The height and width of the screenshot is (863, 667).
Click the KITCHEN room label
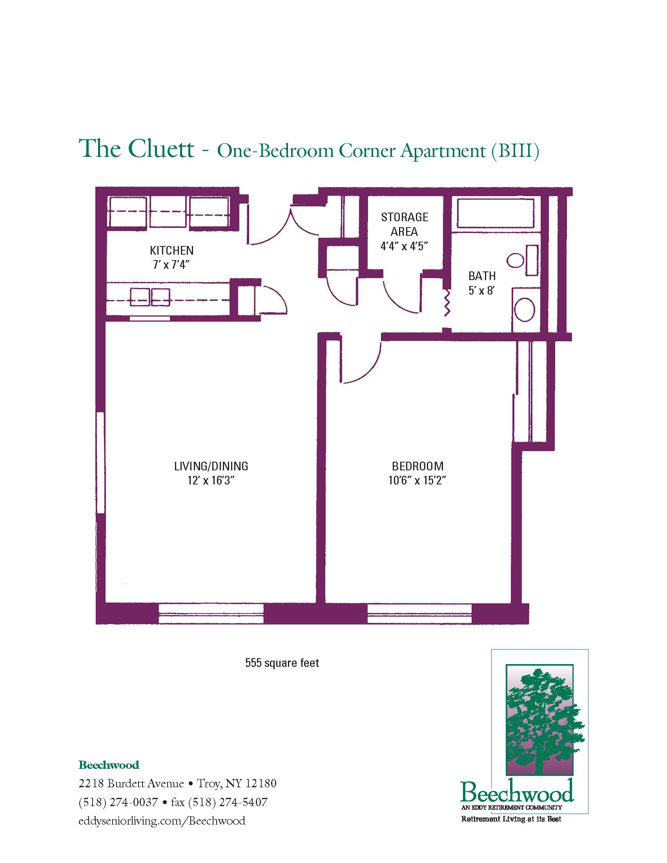pos(171,251)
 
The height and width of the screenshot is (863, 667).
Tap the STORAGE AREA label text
pos(404,224)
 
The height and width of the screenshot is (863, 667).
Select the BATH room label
pos(482,276)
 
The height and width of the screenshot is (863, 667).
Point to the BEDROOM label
pos(417,466)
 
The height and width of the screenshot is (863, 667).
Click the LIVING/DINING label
pos(211,466)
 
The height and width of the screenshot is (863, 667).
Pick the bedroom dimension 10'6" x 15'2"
pos(417,481)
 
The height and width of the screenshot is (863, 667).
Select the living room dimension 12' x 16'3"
pos(211,481)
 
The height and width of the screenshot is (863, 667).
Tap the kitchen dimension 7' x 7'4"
pos(171,265)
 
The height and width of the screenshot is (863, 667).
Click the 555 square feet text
pos(282,663)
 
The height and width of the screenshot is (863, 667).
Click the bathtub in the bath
pos(496,213)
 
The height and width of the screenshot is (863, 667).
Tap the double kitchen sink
pos(150,297)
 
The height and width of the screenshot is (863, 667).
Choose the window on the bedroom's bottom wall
pos(419,614)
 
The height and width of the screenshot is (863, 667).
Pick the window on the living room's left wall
pos(100,463)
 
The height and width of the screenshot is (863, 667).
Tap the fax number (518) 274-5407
pos(228,802)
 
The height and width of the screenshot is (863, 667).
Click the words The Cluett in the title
pos(137,149)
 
